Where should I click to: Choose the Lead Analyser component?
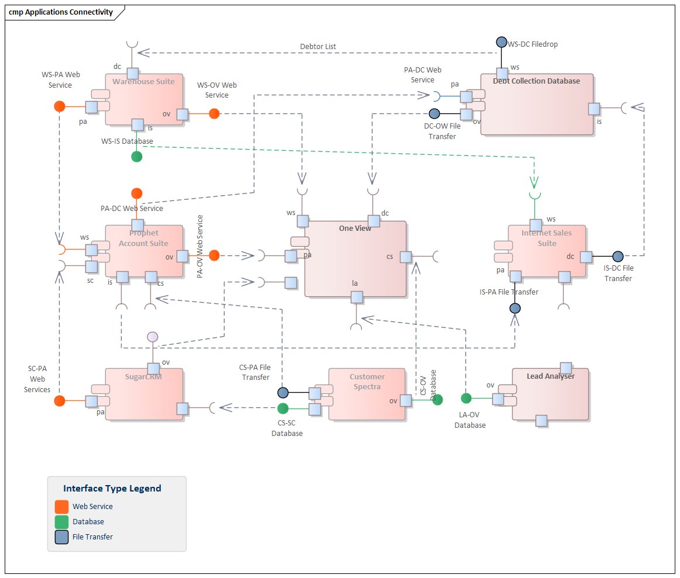pos(550,394)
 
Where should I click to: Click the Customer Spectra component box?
pos(367,394)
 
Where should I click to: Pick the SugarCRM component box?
pos(144,394)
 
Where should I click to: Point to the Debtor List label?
pos(318,47)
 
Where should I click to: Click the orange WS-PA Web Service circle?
pos(59,106)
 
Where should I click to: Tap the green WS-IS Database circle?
pos(136,156)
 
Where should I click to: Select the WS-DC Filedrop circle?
pos(501,42)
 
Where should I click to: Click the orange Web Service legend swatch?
pos(61,507)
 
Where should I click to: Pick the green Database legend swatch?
pos(61,522)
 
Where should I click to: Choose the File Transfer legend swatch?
pos(61,537)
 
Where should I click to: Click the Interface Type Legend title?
pos(112,489)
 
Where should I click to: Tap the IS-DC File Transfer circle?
pos(617,256)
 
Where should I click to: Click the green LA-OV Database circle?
pos(466,399)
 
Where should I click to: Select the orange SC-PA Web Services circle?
pos(59,400)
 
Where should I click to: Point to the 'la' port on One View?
pos(356,297)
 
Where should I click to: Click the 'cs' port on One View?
pos(406,257)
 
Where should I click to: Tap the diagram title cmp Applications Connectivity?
pos(61,12)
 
